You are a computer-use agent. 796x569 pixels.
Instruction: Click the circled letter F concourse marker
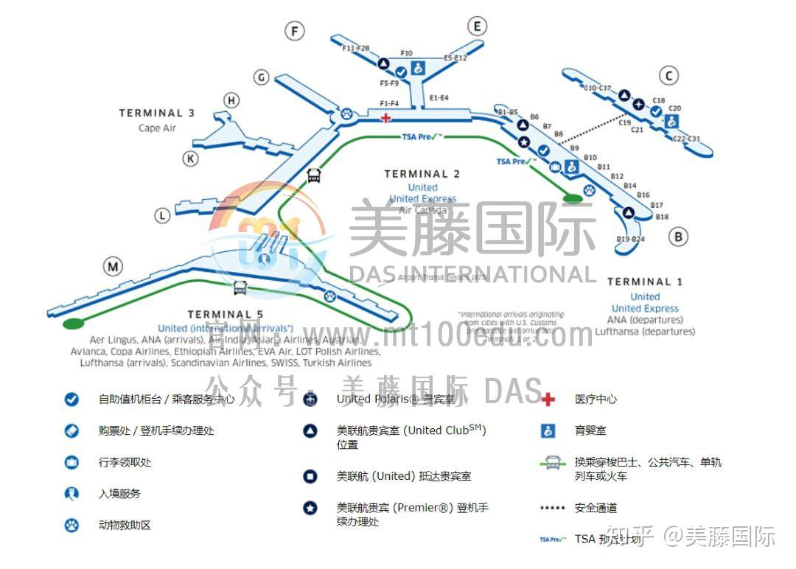pyautogui.click(x=295, y=31)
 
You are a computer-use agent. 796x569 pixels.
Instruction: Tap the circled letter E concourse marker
pyautogui.click(x=477, y=27)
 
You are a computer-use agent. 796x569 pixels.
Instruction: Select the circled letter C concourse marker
pyautogui.click(x=668, y=75)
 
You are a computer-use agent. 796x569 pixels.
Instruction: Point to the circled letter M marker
pyautogui.click(x=113, y=267)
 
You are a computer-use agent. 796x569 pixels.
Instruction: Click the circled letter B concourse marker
pyautogui.click(x=678, y=237)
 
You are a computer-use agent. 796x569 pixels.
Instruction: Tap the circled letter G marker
pyautogui.click(x=262, y=77)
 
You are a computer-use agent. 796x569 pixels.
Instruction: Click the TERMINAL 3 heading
pyautogui.click(x=157, y=114)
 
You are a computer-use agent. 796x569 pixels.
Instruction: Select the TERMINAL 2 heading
pyautogui.click(x=422, y=175)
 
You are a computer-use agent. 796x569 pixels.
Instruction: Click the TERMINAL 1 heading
pyautogui.click(x=645, y=282)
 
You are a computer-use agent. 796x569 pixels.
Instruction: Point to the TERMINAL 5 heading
pyautogui.click(x=226, y=315)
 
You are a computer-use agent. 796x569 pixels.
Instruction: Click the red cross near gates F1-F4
pyautogui.click(x=385, y=117)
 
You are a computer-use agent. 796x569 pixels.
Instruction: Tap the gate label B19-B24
pyautogui.click(x=630, y=240)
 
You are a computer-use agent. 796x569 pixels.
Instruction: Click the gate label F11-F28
pyautogui.click(x=356, y=49)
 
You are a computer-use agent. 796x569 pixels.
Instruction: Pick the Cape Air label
pyautogui.click(x=157, y=128)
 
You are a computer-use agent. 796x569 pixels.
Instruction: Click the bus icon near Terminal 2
pyautogui.click(x=314, y=175)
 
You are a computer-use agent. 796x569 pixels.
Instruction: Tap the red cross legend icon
pyautogui.click(x=548, y=399)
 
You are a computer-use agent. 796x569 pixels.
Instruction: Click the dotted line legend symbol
pyautogui.click(x=552, y=508)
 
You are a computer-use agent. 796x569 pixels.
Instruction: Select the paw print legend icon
pyautogui.click(x=71, y=526)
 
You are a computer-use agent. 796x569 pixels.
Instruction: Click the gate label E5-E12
pyautogui.click(x=455, y=57)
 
